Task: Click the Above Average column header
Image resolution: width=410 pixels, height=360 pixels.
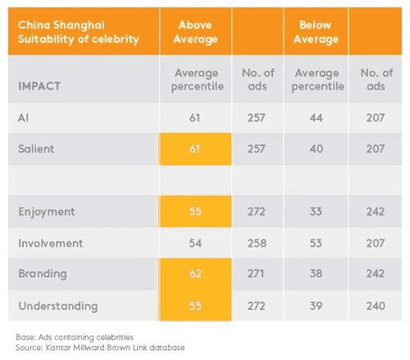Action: coord(195,32)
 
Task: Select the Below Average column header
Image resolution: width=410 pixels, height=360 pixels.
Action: coord(316,32)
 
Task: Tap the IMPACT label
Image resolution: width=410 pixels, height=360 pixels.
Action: coord(39,86)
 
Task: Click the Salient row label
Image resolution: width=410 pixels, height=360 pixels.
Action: coord(36,148)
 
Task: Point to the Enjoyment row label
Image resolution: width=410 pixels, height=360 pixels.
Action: coord(47,212)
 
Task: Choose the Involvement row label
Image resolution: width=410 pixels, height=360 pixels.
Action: coord(51,243)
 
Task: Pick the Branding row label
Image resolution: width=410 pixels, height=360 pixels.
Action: coord(43,274)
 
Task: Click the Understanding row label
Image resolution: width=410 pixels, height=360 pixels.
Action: coord(58,306)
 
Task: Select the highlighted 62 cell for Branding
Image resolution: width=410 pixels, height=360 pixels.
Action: coord(195,274)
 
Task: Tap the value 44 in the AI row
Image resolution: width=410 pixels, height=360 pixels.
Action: coord(316,118)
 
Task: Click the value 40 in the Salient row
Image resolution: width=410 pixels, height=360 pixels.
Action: coord(316,148)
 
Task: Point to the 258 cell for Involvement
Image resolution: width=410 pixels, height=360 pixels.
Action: coord(257,243)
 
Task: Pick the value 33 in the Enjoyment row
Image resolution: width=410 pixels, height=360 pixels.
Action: coord(316,212)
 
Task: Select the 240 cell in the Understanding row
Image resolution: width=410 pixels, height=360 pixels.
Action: coord(376,306)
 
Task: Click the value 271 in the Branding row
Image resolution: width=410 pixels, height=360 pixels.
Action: coord(256,273)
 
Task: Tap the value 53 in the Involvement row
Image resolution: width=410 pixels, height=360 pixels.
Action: coord(316,243)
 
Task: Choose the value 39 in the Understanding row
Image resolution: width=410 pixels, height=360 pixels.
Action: coord(316,306)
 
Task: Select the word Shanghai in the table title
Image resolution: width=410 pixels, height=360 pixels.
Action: coord(79,25)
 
